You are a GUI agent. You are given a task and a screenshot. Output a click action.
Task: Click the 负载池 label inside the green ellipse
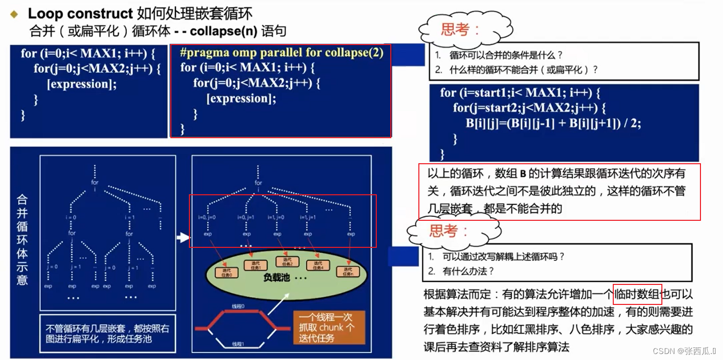[x=276, y=277]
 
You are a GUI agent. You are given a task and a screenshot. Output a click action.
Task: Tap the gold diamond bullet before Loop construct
[x=15, y=14]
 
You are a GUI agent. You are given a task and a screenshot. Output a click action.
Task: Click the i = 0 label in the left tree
[x=71, y=217]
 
